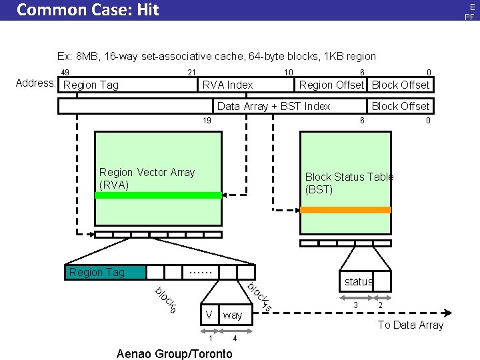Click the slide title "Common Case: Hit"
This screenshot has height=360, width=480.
87,10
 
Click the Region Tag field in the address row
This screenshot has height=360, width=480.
91,85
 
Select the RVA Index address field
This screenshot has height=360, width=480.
227,85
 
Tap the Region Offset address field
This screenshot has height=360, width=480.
331,85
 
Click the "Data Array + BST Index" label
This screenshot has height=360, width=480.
273,106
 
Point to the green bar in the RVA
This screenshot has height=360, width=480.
157,195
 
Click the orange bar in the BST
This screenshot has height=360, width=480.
345,209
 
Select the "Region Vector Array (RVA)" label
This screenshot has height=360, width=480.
147,178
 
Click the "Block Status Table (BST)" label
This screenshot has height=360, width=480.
349,183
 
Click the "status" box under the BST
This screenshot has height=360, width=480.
358,281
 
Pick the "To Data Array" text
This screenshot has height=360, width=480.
410,325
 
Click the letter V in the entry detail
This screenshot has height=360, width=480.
209,314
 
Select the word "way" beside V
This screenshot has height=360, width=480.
233,314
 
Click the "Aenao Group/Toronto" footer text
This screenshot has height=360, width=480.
174,353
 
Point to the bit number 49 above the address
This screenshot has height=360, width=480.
65,73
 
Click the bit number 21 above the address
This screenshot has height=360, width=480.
191,73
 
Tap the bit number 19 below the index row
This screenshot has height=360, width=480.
207,120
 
